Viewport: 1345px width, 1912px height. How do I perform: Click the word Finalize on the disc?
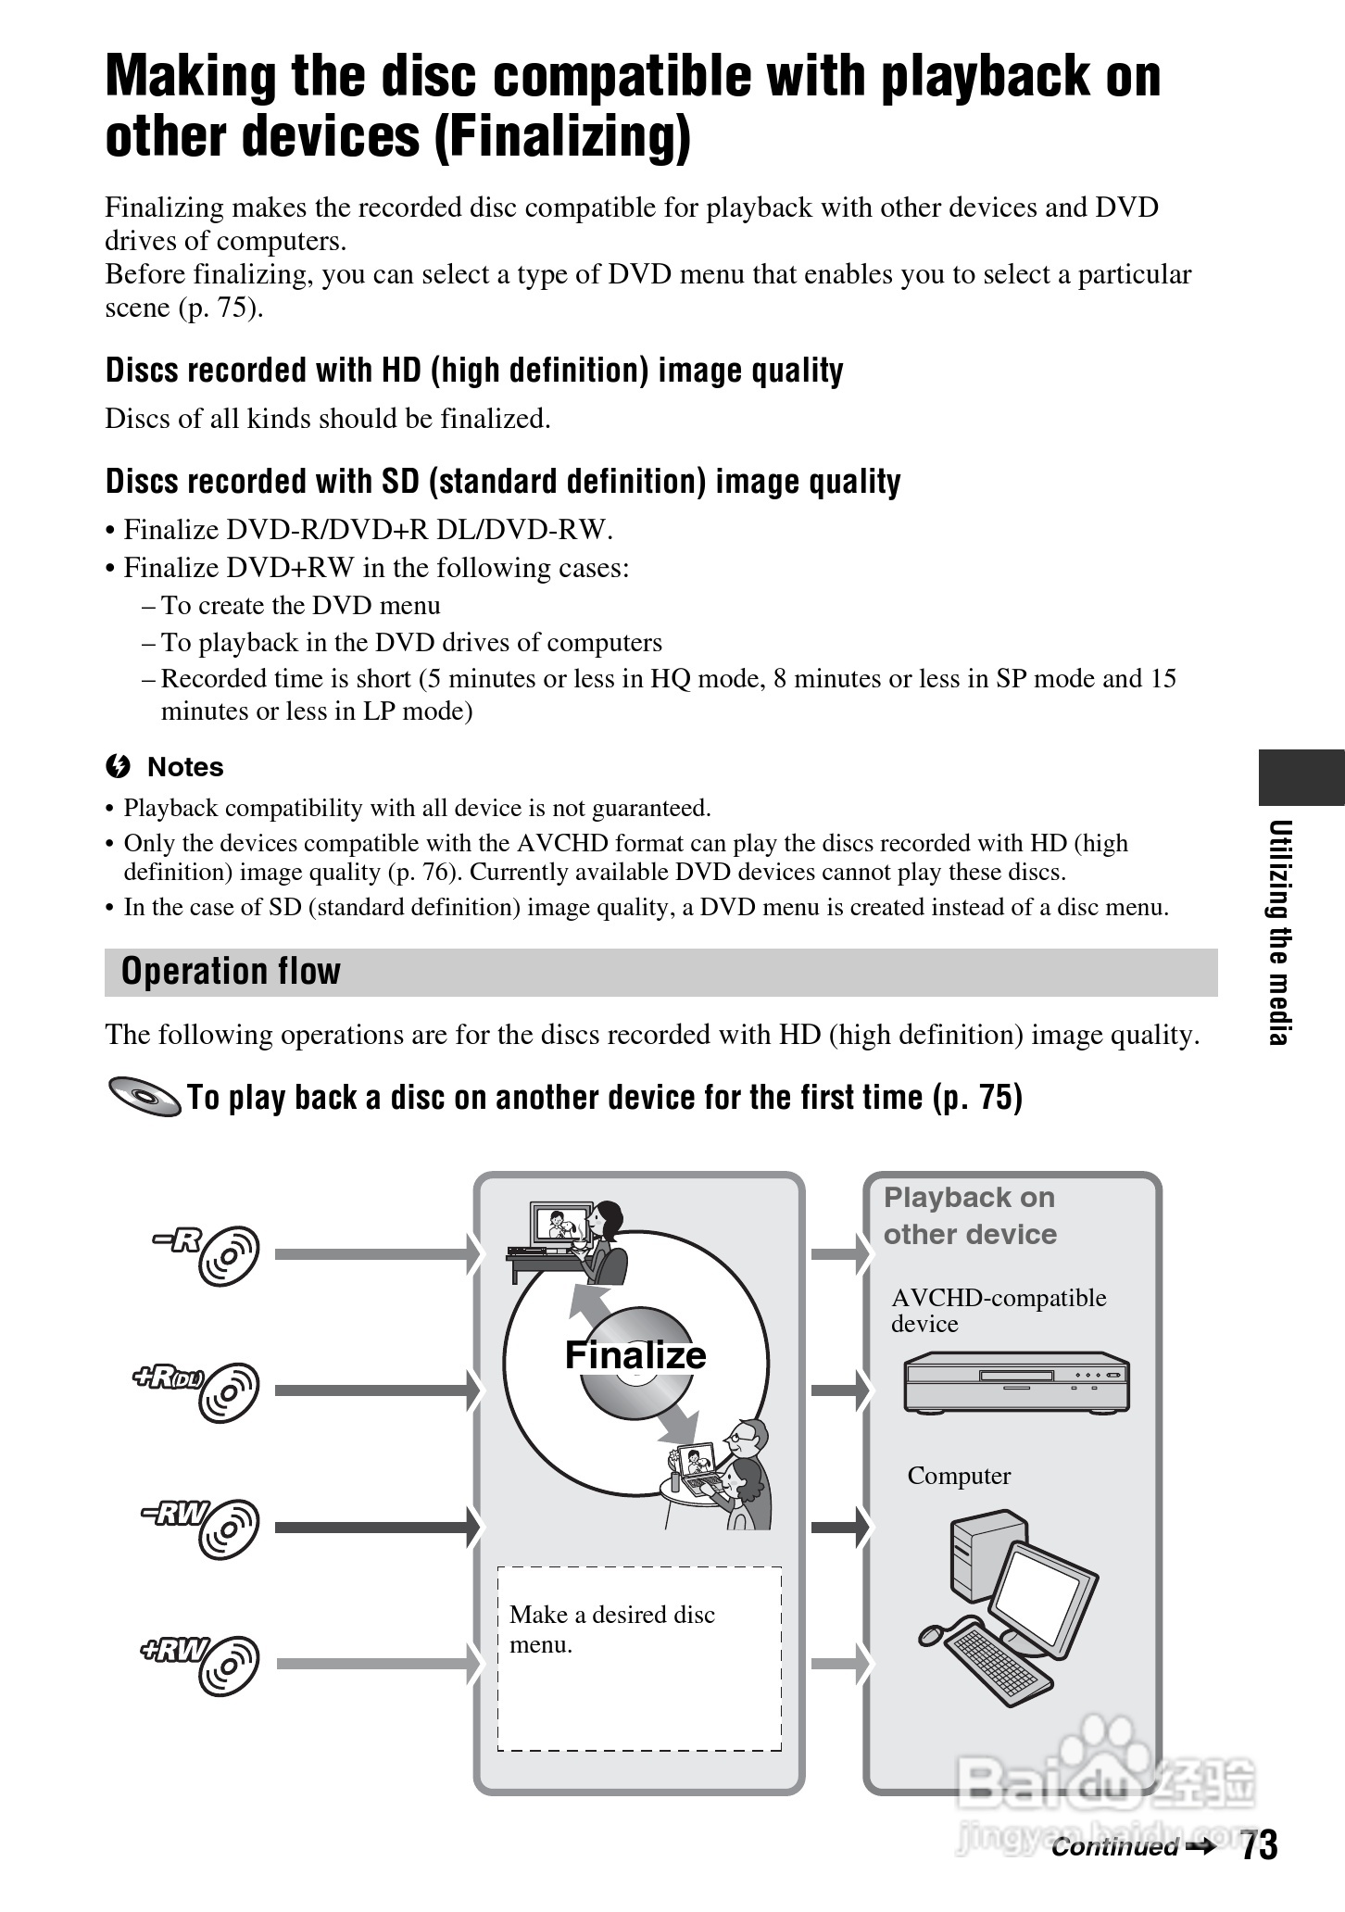tap(635, 1355)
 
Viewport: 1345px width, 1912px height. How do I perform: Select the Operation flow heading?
tap(232, 972)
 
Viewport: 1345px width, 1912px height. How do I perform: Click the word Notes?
tap(185, 767)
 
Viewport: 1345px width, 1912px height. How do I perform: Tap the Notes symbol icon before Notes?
tap(117, 767)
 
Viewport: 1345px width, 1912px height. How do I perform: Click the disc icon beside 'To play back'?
tap(145, 1098)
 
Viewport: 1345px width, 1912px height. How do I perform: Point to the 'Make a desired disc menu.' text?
tap(611, 1629)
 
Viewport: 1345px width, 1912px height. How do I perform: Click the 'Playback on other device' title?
tap(969, 1215)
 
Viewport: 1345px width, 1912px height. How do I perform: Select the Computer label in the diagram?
tap(959, 1476)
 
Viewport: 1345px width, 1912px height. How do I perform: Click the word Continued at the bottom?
tap(1113, 1847)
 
